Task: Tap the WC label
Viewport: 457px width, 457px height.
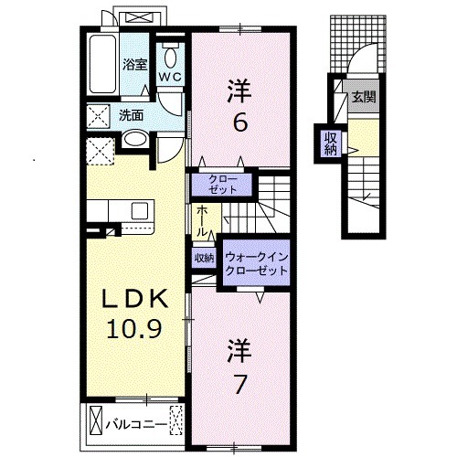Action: coord(170,78)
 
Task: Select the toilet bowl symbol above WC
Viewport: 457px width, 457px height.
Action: coord(170,53)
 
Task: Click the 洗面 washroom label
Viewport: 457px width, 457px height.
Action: coord(131,115)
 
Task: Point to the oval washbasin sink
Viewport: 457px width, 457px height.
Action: coord(133,141)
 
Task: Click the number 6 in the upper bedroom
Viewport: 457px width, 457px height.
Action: coord(239,121)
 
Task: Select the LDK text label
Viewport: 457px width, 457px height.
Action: coord(134,300)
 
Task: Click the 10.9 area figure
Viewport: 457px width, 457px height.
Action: coord(134,328)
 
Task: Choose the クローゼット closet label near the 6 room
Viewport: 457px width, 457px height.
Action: coord(222,184)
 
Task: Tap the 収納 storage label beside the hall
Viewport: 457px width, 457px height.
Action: coord(203,259)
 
